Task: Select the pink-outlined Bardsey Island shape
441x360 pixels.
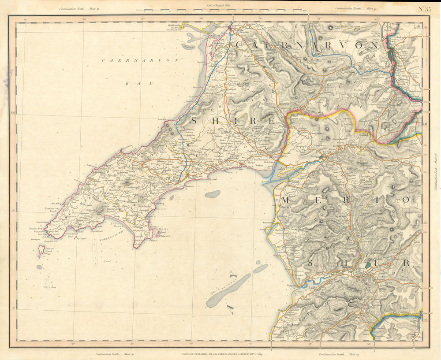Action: tap(41, 252)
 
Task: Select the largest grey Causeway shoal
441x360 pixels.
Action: tap(228, 291)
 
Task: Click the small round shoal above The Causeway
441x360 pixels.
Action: tap(213, 194)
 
